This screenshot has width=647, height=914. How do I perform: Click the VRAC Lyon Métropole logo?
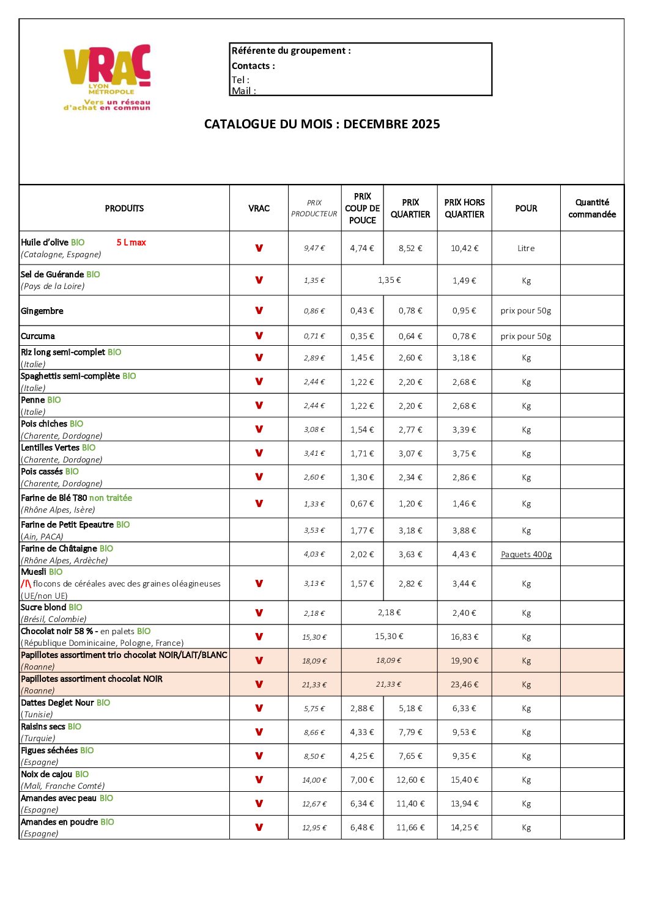107,77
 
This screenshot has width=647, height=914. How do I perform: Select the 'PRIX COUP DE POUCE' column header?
362,208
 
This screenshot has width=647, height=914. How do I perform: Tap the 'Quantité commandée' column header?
592,208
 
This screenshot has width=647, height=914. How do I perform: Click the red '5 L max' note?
131,243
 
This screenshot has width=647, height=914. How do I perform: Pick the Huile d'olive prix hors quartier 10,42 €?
464,248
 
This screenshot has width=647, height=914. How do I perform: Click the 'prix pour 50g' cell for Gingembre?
525,311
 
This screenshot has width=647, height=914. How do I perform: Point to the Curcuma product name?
38,336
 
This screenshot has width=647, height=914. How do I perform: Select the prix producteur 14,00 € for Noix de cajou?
314,780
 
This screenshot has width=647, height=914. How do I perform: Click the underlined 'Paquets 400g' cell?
526,555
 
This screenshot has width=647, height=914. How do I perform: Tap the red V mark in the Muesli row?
259,583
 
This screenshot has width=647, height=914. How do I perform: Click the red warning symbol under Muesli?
26,583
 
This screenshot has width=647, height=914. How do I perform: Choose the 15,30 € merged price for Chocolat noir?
389,637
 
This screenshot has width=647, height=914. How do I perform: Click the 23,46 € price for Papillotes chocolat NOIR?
464,684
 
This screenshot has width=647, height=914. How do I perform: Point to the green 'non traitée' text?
111,498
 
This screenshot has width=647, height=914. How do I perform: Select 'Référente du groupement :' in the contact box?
291,51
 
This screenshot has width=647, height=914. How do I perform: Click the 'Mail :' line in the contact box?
243,91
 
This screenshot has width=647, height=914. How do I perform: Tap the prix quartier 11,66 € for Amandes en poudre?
410,828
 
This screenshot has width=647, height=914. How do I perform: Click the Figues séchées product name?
49,750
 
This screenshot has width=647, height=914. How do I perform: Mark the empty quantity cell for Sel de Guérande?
592,280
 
